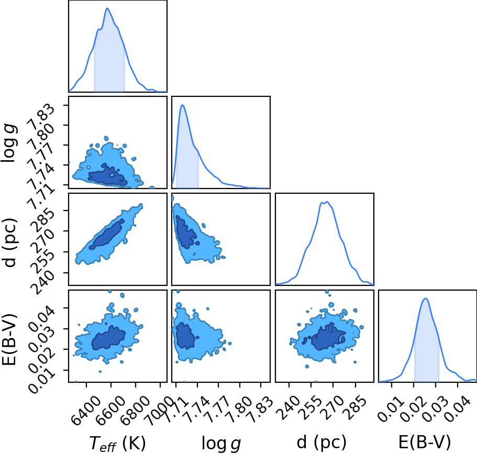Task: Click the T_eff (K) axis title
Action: pyautogui.click(x=118, y=444)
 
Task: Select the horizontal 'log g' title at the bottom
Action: pyautogui.click(x=221, y=444)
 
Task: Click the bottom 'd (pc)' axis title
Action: pyautogui.click(x=321, y=442)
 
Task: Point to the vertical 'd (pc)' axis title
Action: pyautogui.click(x=10, y=242)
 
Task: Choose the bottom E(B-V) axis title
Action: pyautogui.click(x=424, y=442)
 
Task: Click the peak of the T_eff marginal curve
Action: pyautogui.click(x=107, y=8)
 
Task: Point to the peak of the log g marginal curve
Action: pyautogui.click(x=182, y=105)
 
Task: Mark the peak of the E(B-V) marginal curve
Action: pyautogui.click(x=426, y=298)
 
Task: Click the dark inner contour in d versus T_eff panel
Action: pyautogui.click(x=107, y=234)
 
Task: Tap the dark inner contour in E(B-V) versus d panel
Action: pyautogui.click(x=328, y=337)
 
